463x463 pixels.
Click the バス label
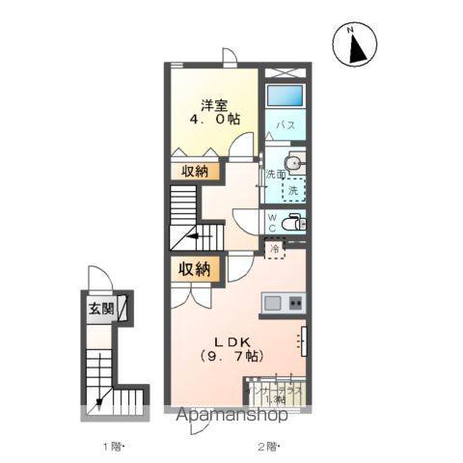coord(286,125)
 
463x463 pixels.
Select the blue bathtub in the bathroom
coord(285,97)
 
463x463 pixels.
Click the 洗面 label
coord(275,175)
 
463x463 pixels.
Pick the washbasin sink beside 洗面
coord(294,164)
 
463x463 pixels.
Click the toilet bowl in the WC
coord(298,223)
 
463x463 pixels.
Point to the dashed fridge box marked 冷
coord(276,248)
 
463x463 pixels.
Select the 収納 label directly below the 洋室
coord(194,172)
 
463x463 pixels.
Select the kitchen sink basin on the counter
coord(274,303)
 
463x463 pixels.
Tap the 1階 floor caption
coord(115,447)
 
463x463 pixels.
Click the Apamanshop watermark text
coord(231,418)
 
